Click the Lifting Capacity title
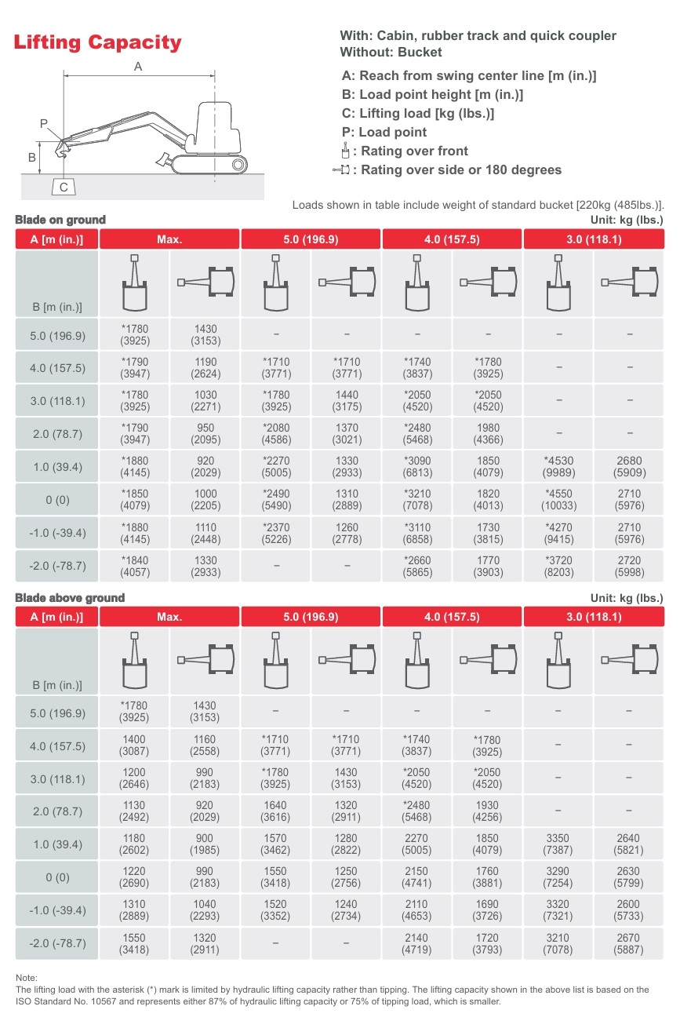point(97,42)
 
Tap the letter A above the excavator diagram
point(138,67)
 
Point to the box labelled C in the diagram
point(64,187)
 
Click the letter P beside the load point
point(44,124)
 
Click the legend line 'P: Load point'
point(384,132)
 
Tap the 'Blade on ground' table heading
point(60,220)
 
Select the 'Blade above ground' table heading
point(70,597)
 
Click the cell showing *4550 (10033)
point(558,500)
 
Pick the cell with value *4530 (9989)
point(558,467)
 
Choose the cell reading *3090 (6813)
point(417,467)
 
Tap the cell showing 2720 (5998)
point(629,566)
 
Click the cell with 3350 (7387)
point(558,844)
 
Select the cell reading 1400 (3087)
point(134,745)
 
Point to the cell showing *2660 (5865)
point(417,566)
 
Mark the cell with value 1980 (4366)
point(488,434)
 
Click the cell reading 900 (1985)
point(205,844)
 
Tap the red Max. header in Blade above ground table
point(169,617)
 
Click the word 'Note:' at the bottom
point(27,978)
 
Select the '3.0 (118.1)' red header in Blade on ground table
point(594,239)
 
